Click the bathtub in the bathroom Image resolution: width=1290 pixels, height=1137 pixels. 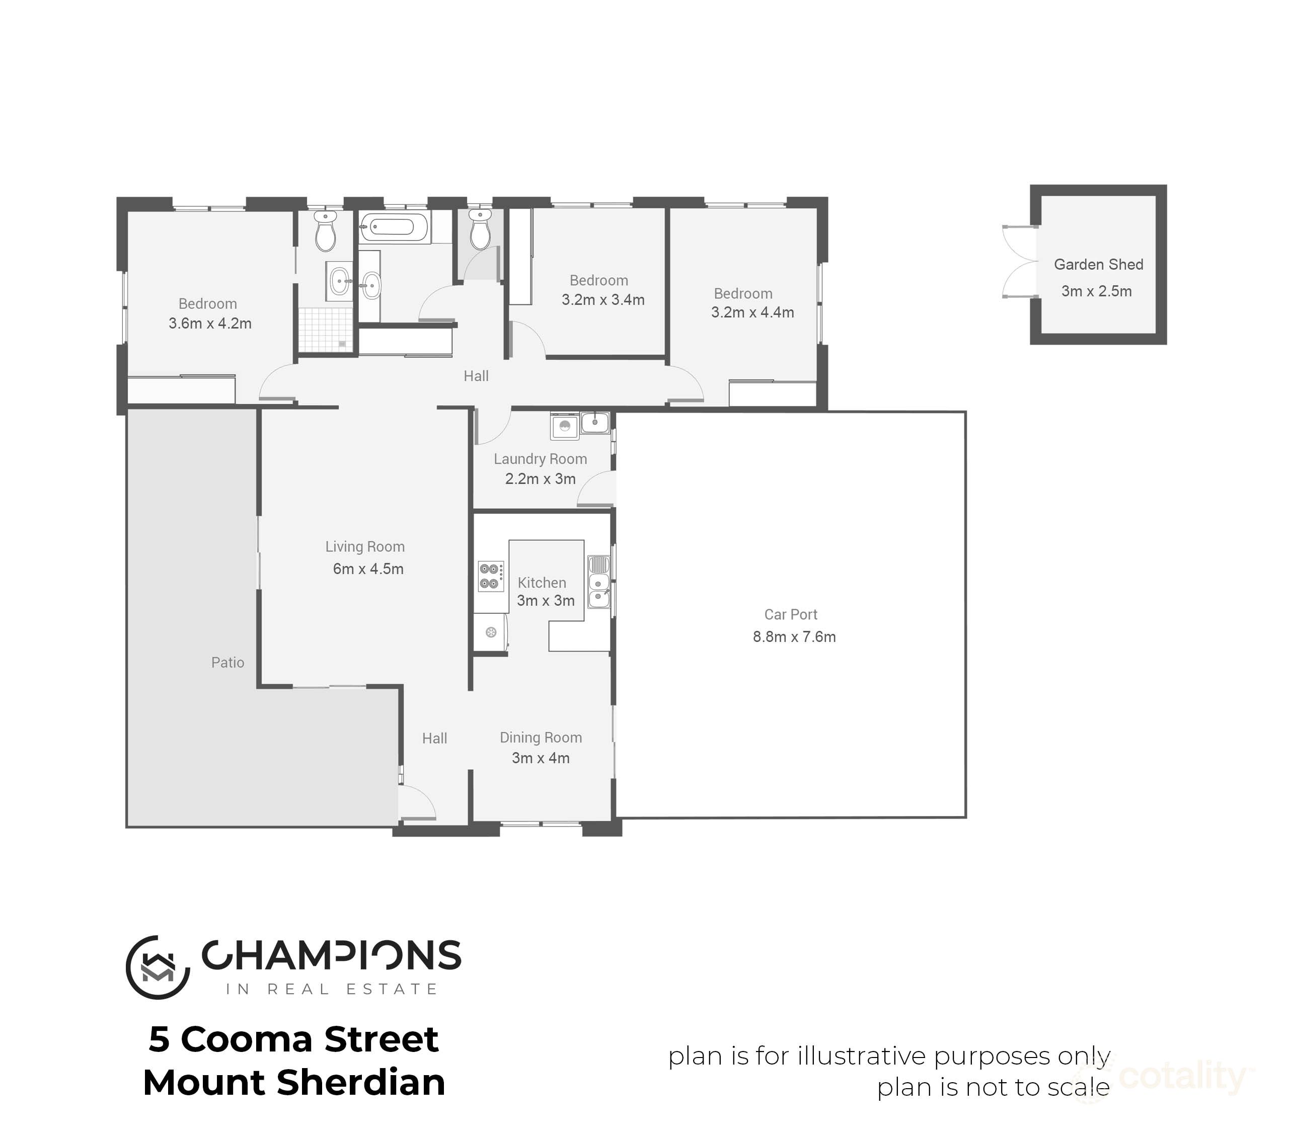coord(395,226)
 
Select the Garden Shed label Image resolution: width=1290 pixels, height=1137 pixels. coord(1098,264)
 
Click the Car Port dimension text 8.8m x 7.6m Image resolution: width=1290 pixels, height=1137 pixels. coord(794,636)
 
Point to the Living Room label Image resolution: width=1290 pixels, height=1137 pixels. coord(365,546)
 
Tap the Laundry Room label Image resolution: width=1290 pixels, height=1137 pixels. coord(540,459)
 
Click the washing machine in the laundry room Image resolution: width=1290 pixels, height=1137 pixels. coord(565,427)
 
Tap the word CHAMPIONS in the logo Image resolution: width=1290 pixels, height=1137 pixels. coord(331,955)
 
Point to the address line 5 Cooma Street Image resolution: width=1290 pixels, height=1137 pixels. coord(293,1039)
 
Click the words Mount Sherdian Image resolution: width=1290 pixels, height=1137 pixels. coord(294,1083)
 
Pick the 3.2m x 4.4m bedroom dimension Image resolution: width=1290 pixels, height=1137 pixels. coord(752,312)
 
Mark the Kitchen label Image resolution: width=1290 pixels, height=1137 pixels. coord(542,583)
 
